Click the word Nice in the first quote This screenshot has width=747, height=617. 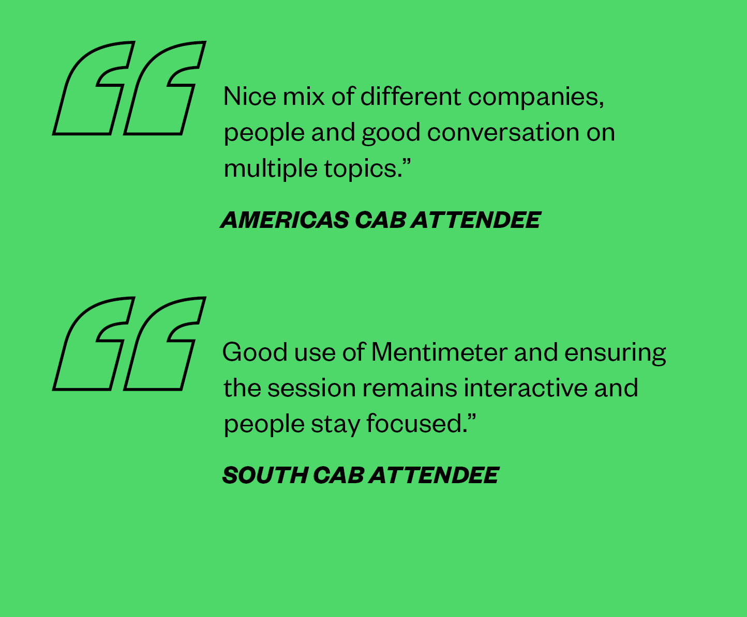(x=250, y=96)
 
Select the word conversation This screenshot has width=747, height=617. (x=503, y=132)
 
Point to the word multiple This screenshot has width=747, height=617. (x=271, y=168)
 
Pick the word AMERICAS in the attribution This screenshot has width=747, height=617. (x=285, y=220)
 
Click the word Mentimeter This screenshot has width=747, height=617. (x=439, y=352)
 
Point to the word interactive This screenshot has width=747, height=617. (x=526, y=388)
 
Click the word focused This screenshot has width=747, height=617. (x=417, y=423)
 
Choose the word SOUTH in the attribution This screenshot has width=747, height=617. (x=265, y=475)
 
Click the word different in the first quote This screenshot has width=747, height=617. (x=411, y=96)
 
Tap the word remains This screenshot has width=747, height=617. (x=410, y=388)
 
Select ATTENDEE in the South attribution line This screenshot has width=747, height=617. (x=434, y=475)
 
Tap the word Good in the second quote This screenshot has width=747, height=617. (x=255, y=352)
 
